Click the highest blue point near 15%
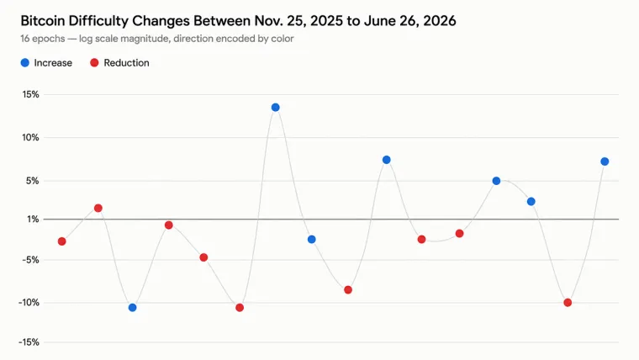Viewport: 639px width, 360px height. coord(276,108)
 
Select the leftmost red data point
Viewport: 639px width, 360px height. coord(62,241)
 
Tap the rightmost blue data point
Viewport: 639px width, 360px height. coord(605,161)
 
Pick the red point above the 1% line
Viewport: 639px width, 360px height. coord(98,209)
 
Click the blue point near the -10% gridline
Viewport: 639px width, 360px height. coord(133,307)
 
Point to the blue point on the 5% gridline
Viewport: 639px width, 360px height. coord(496,181)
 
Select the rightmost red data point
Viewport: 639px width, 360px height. coord(568,303)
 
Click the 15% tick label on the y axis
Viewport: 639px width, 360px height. coord(30,94)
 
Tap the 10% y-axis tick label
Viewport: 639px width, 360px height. coord(30,137)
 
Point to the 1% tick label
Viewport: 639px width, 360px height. coord(33,220)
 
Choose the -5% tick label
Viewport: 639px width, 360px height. coord(30,260)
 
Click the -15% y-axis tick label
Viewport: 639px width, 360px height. coord(29,342)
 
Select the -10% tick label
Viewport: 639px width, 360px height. coord(29,303)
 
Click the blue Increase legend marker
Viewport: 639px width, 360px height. coord(25,63)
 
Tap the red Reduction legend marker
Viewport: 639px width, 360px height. coord(94,63)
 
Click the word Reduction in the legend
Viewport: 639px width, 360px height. coord(126,63)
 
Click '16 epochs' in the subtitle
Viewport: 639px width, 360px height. coord(43,39)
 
